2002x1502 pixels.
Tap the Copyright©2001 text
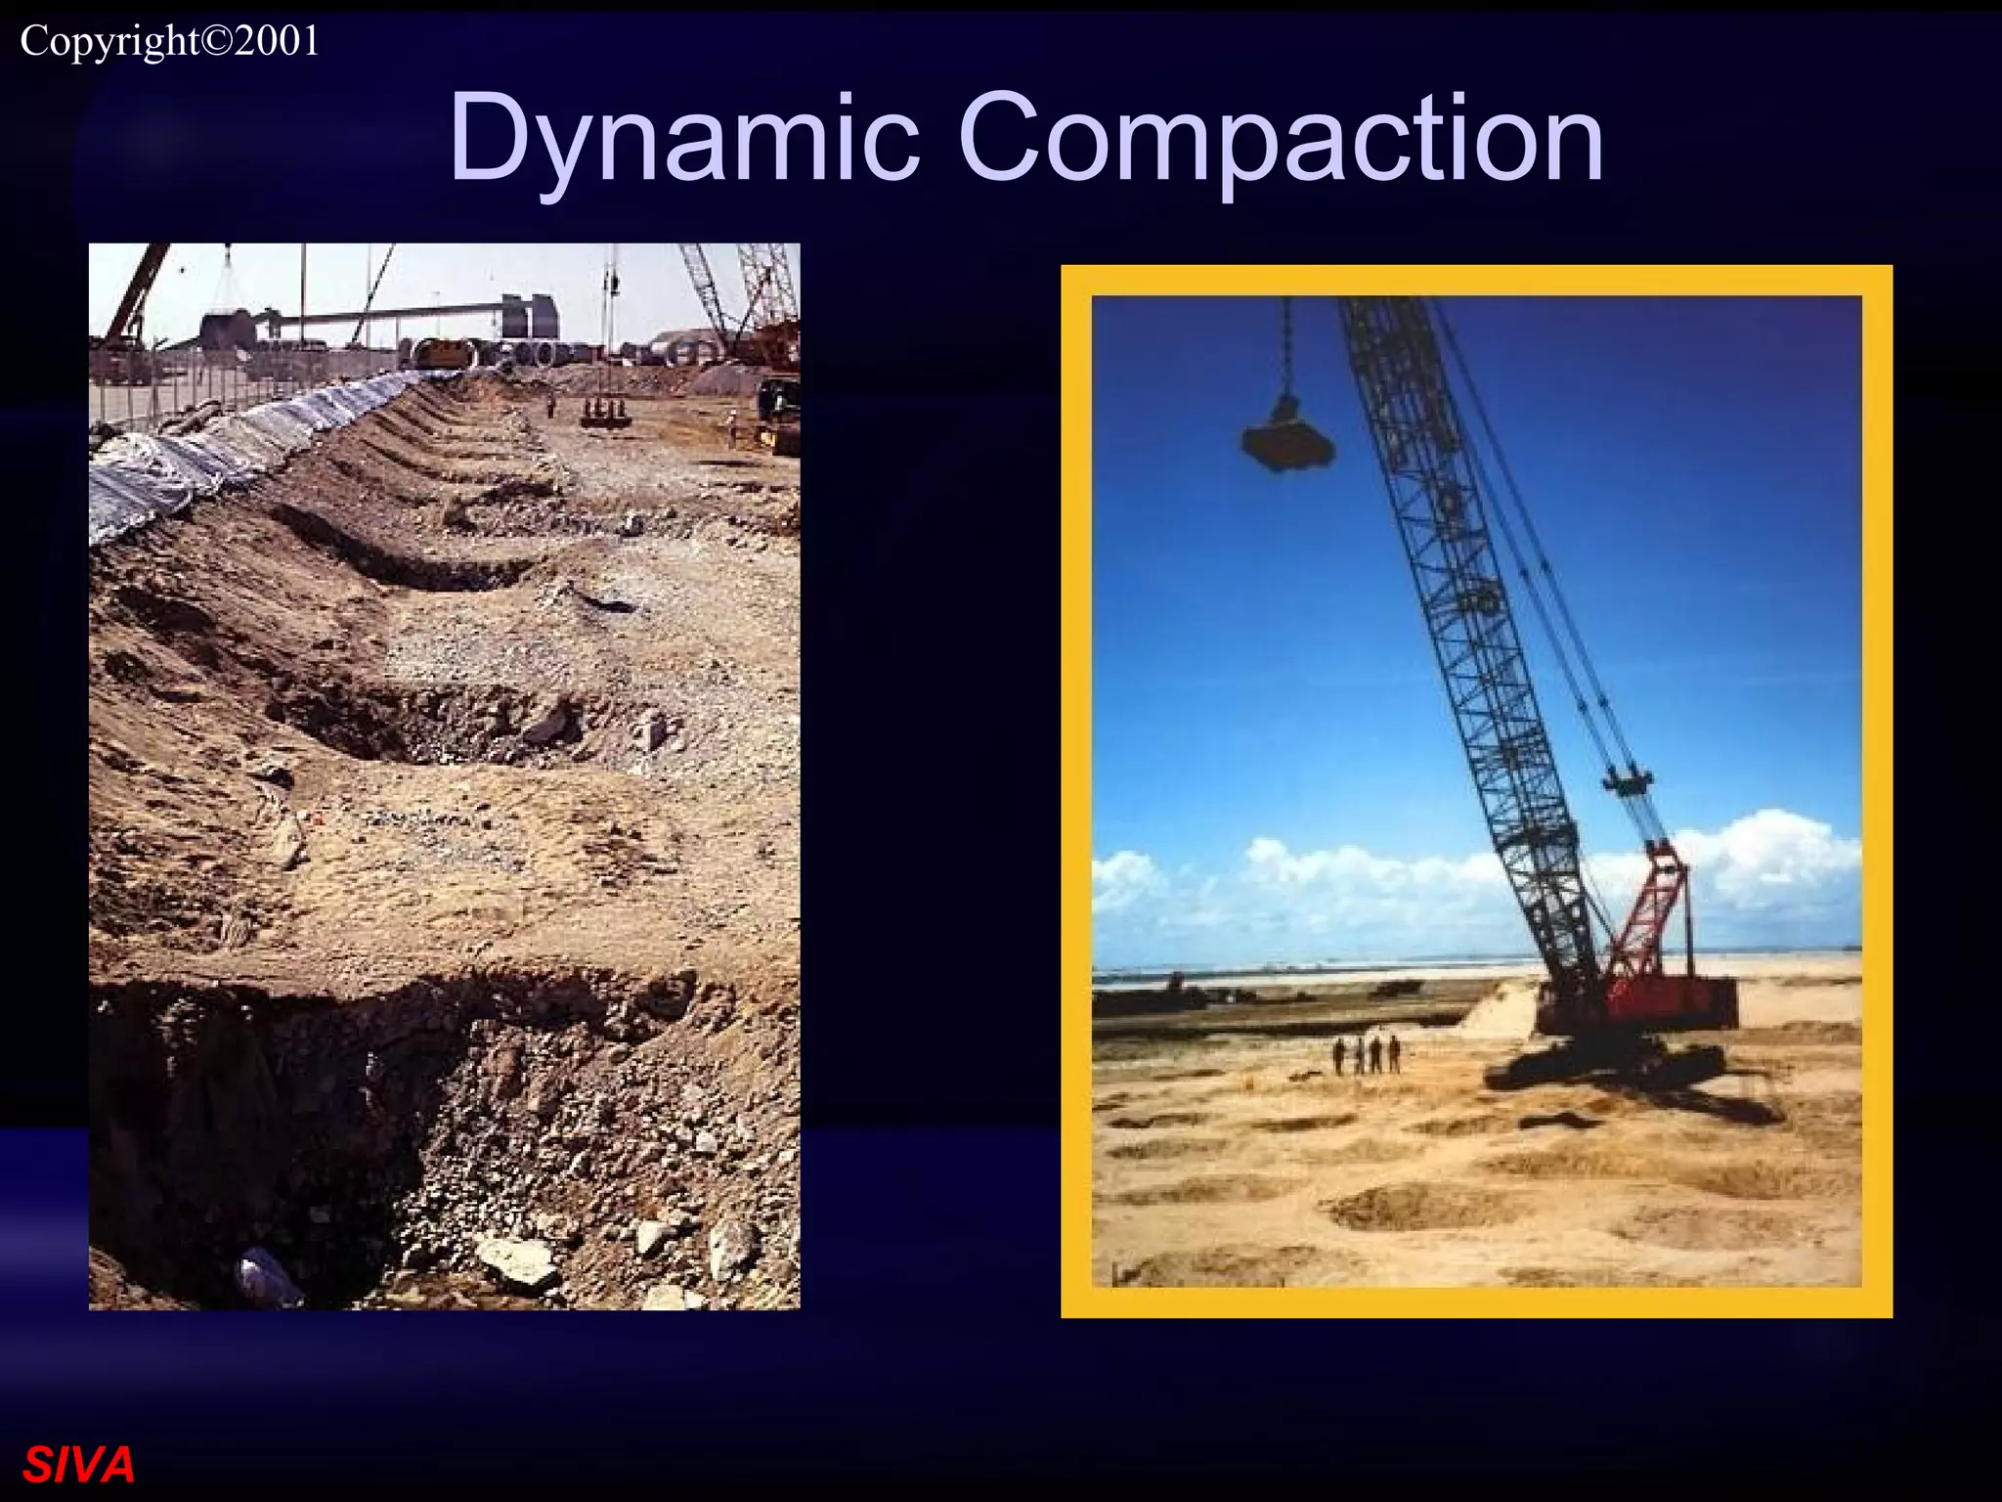tap(170, 41)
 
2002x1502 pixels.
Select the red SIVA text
tap(78, 1465)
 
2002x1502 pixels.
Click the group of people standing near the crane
tap(1367, 1054)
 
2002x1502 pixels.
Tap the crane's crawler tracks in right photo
tap(1603, 1066)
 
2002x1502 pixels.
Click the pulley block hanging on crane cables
tap(1627, 782)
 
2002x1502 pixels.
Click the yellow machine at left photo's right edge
tap(780, 416)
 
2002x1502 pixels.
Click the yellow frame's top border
tap(1476, 280)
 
